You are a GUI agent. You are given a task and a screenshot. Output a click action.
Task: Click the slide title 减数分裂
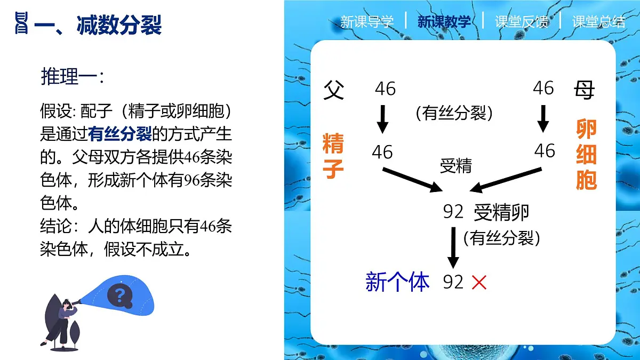[x=119, y=25]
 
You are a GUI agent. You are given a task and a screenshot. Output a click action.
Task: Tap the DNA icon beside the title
[x=21, y=25]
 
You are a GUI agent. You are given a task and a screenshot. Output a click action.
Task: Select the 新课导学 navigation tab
[x=367, y=22]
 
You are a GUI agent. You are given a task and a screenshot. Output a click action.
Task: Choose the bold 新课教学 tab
[x=444, y=22]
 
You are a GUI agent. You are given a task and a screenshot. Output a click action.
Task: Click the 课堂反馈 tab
[x=521, y=22]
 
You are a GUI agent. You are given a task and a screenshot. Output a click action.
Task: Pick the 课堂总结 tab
[x=598, y=22]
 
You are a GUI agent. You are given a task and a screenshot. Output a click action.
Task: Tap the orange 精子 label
[x=333, y=156]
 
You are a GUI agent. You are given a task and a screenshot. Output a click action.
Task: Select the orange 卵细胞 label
[x=586, y=154]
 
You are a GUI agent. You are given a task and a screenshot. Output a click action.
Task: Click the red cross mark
[x=479, y=282]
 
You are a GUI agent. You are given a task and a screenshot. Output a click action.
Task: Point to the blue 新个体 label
[x=397, y=282]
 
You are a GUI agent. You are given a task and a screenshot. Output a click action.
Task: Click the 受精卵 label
[x=501, y=212]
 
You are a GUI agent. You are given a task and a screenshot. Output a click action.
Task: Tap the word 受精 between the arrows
[x=455, y=166]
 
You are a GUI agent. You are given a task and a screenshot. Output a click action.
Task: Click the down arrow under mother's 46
[x=543, y=118]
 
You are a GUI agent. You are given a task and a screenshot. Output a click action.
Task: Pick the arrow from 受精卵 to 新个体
[x=453, y=247]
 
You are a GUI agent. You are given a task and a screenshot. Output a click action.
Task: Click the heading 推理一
[x=72, y=76]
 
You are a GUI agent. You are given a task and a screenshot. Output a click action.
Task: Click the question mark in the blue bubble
[x=119, y=294]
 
